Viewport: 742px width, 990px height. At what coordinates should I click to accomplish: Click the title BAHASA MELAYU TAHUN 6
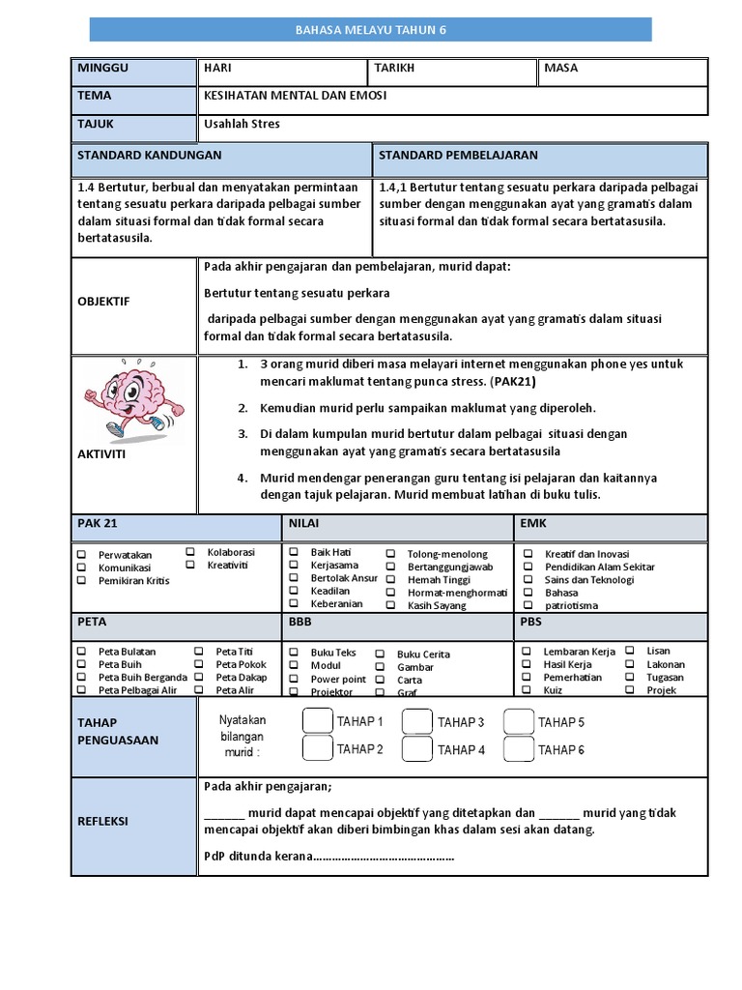point(371,30)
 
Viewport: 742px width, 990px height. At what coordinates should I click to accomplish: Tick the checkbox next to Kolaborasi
point(190,551)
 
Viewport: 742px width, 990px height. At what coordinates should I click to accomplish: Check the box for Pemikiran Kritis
point(82,580)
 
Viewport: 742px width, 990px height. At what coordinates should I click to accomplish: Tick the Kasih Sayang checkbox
point(391,605)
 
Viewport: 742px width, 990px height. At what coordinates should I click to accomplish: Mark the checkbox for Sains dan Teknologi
point(527,580)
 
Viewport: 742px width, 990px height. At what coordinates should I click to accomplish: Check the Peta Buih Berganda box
point(82,678)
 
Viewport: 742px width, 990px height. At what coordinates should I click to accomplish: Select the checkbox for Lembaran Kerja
point(527,652)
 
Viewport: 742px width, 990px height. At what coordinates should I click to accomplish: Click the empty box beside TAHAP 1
point(317,721)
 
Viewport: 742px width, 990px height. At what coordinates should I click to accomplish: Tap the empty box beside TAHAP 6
point(519,749)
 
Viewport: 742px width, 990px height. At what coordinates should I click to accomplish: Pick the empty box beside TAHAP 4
point(417,749)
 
